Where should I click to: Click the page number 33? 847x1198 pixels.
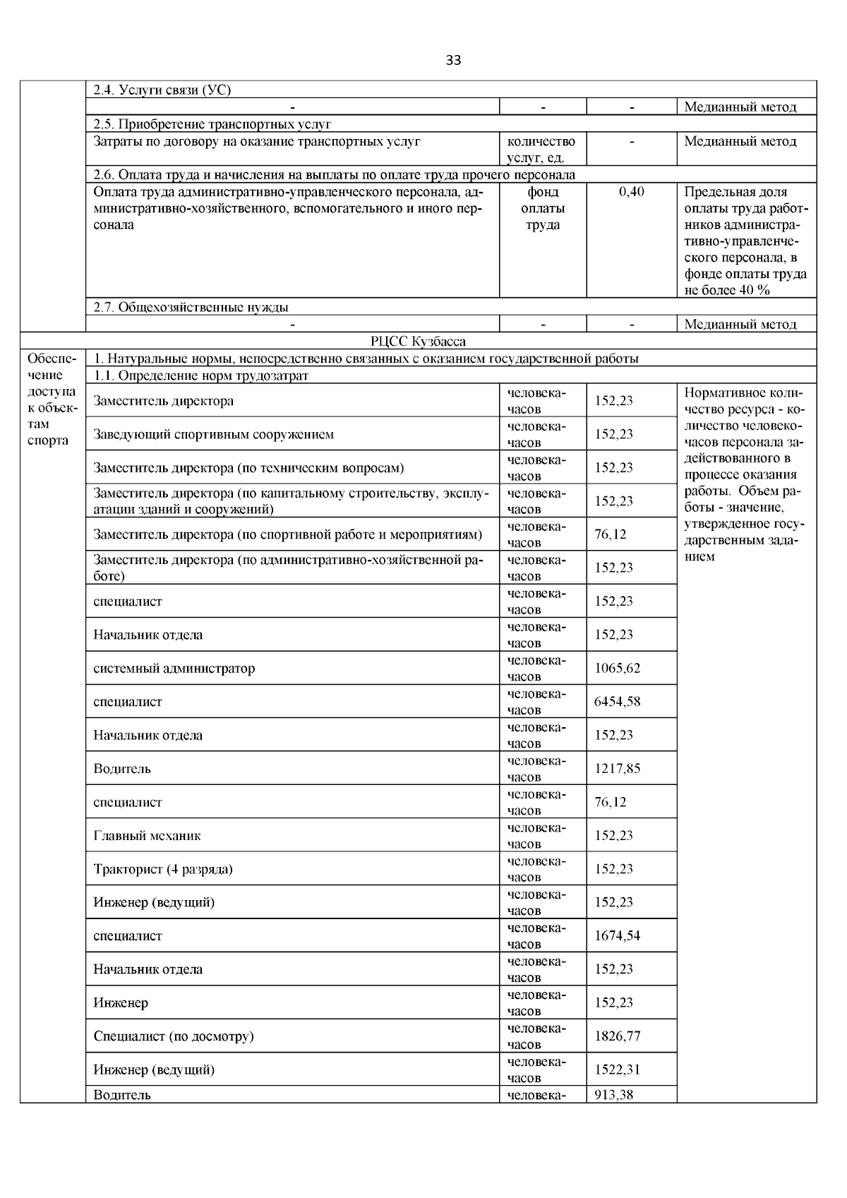[x=453, y=60]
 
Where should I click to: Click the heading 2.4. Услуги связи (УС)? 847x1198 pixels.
[x=162, y=90]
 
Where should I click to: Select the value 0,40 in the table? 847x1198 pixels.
[x=631, y=192]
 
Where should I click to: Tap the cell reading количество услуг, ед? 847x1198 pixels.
[x=542, y=150]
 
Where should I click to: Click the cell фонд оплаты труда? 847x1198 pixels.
[x=542, y=208]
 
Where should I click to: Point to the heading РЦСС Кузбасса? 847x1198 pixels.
[x=418, y=342]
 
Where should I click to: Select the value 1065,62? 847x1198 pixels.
[x=617, y=668]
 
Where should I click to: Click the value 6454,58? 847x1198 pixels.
[x=617, y=702]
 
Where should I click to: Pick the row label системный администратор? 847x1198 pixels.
[x=174, y=668]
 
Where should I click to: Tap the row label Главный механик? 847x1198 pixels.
[x=147, y=836]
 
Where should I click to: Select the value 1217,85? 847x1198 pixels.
[x=617, y=768]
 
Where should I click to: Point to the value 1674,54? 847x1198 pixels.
[x=617, y=936]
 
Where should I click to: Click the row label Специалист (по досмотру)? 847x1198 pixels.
[x=174, y=1036]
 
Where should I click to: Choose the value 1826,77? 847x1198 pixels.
[x=617, y=1036]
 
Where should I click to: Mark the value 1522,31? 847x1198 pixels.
[x=617, y=1070]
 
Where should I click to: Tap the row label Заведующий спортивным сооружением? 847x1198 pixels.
[x=213, y=434]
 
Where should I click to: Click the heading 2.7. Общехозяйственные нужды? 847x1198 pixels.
[x=191, y=307]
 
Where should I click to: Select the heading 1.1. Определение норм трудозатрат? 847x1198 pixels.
[x=201, y=376]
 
